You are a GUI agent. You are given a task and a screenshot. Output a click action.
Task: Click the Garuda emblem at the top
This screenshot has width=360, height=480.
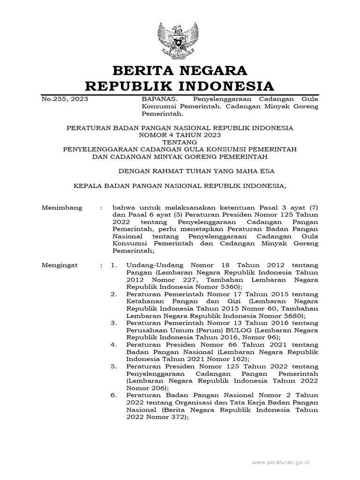click(x=180, y=39)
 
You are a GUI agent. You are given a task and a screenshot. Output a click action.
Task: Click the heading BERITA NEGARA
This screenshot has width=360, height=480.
click(x=180, y=71)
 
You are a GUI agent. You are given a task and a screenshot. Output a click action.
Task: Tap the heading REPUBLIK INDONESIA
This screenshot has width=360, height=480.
click(x=180, y=86)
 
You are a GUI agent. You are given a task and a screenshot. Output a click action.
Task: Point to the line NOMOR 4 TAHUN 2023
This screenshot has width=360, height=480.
click(x=180, y=135)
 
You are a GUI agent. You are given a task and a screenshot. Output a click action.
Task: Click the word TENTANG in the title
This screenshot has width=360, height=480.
click(x=180, y=142)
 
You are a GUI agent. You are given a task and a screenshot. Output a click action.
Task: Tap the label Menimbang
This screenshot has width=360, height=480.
click(x=62, y=207)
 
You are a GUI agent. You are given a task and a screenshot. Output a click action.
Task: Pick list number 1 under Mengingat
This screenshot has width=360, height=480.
click(x=113, y=265)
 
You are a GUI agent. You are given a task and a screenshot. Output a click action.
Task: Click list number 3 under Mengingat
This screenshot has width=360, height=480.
click(x=113, y=323)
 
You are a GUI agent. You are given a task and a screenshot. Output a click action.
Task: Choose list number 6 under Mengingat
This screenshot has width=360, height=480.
click(x=113, y=395)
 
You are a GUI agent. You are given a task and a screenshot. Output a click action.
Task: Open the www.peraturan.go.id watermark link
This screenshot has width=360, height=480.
click(x=280, y=462)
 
